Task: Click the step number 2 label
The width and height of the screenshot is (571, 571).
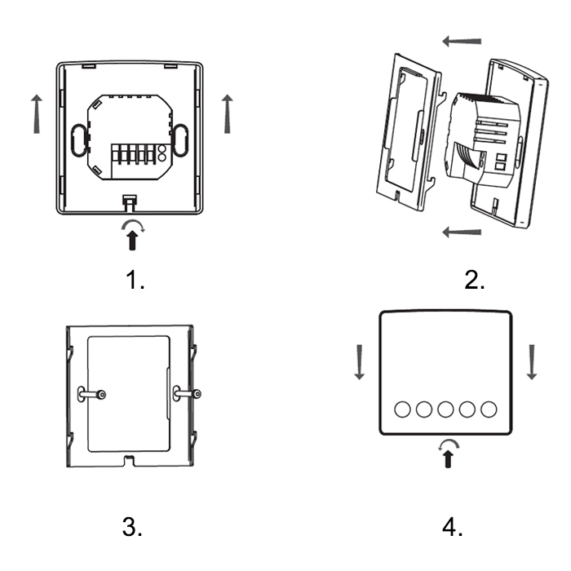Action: point(474,280)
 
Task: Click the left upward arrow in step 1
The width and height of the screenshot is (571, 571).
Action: point(36,113)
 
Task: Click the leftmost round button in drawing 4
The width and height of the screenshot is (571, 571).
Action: point(403,409)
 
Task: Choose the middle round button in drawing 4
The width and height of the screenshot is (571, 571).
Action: point(445,409)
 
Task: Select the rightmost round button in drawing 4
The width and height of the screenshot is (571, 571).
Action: point(489,409)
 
